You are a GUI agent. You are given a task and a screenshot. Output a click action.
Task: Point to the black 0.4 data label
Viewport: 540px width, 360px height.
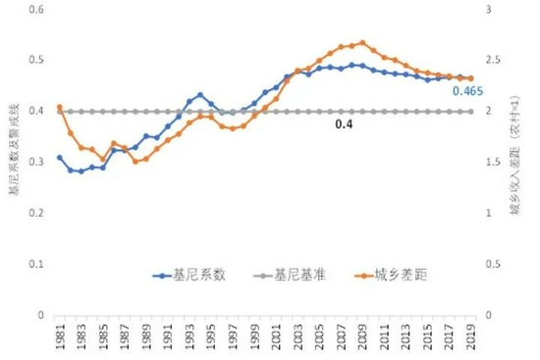pos(344,125)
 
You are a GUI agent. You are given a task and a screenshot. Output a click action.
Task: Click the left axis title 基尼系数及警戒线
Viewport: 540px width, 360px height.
pos(13,162)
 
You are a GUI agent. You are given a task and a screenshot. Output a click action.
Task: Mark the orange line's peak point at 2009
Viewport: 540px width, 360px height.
pos(362,42)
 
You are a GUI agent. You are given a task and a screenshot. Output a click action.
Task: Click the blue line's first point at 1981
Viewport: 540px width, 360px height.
pos(60,157)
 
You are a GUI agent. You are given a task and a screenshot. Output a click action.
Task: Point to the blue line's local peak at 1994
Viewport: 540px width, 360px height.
pos(200,95)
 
